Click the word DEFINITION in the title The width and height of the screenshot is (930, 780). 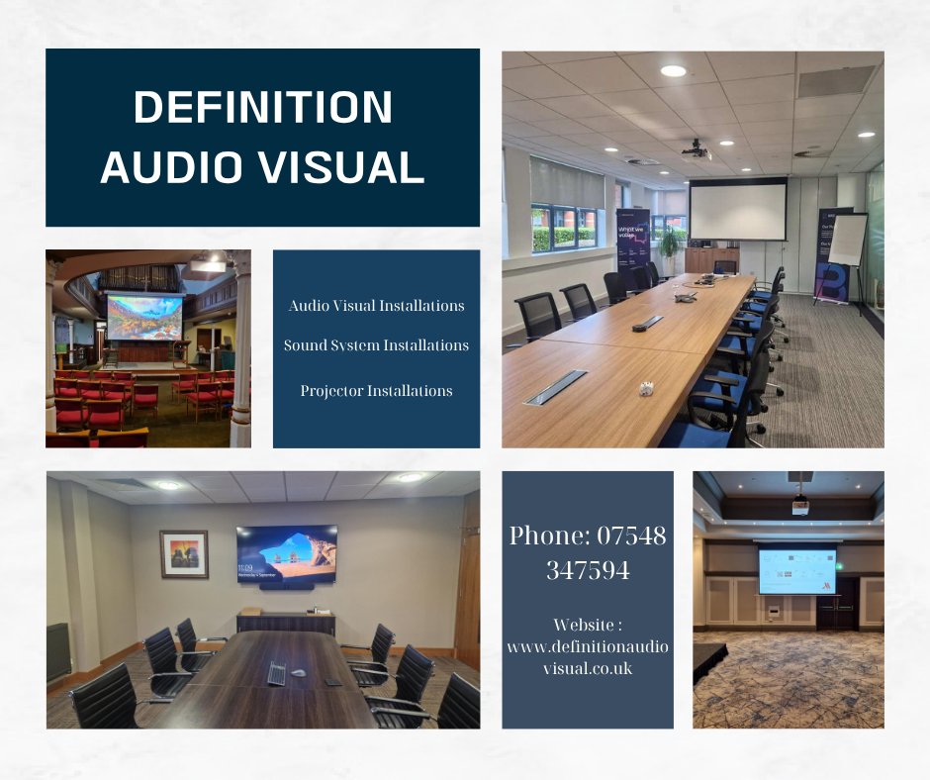click(263, 107)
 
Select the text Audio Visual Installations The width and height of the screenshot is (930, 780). click(376, 306)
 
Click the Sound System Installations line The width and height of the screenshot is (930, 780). click(376, 345)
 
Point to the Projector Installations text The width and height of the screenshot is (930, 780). click(376, 391)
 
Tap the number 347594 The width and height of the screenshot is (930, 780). click(588, 570)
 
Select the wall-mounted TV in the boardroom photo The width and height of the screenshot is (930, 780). click(286, 554)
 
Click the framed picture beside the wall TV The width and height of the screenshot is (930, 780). click(184, 553)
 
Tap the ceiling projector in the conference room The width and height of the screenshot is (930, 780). click(697, 151)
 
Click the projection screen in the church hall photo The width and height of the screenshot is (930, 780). click(144, 318)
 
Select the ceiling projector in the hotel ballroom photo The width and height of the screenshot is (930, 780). click(799, 506)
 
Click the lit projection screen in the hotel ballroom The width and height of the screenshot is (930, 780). click(796, 571)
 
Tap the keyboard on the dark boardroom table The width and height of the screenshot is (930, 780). click(276, 674)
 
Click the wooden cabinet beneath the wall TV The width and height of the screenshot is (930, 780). click(285, 622)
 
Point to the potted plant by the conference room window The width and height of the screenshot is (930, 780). click(671, 243)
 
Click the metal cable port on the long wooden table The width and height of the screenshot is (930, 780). click(556, 386)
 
